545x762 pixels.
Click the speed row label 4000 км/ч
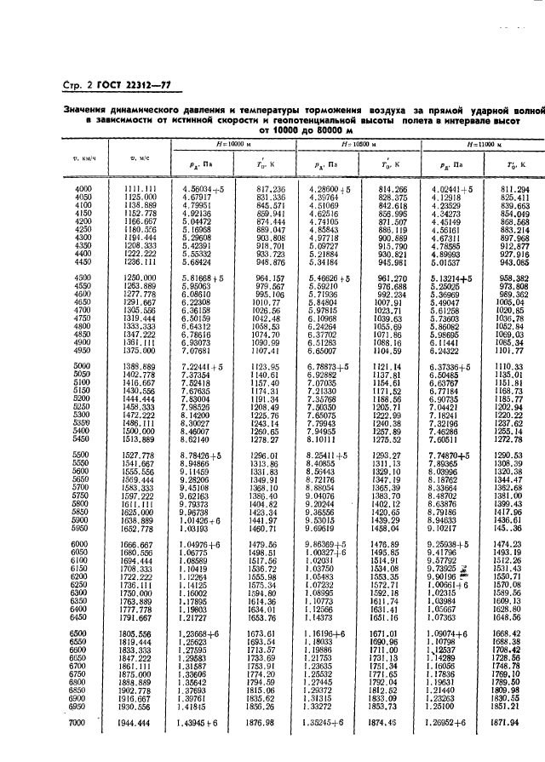point(83,188)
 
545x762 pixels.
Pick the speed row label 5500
point(83,456)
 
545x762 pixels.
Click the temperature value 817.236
point(270,188)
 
